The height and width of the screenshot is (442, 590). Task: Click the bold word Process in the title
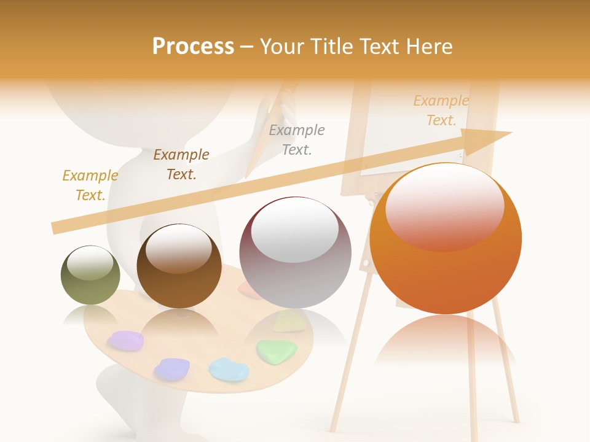[193, 47]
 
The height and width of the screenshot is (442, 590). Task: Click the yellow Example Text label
[90, 185]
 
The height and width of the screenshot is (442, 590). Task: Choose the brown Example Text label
[181, 165]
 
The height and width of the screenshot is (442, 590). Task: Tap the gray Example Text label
[297, 140]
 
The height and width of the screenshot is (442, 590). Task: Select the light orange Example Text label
[441, 110]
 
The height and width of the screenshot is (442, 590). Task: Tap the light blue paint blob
[229, 370]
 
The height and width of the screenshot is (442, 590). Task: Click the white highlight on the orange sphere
[444, 206]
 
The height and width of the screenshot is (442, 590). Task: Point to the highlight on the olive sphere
[90, 263]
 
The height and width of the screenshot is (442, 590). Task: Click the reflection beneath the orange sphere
[446, 344]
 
